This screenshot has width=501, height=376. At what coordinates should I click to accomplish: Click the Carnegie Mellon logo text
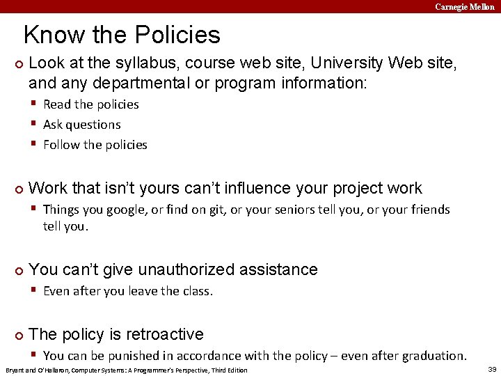(465, 6)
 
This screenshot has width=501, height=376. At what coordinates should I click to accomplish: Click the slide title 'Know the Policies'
(122, 35)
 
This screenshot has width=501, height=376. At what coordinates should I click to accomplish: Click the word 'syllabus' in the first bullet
(113, 63)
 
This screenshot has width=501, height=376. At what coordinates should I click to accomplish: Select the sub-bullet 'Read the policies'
(90, 104)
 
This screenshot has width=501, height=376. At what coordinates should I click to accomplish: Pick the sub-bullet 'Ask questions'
(81, 125)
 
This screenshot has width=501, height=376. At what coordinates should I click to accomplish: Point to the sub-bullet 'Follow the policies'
(95, 145)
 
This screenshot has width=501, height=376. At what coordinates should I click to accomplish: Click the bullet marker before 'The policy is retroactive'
(19, 336)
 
